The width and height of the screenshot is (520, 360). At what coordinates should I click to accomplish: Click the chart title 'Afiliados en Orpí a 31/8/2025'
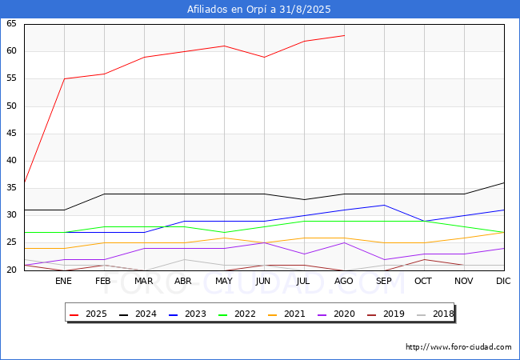[258, 10]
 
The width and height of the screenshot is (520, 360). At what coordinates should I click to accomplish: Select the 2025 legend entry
[88, 314]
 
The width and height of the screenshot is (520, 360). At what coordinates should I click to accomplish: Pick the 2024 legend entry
[138, 314]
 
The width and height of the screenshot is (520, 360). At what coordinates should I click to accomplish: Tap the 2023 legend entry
[187, 314]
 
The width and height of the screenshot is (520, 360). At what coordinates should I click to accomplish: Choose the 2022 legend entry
[237, 314]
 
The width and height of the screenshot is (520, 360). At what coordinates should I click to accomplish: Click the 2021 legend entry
[286, 314]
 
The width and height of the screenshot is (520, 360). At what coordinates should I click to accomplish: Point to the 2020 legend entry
[336, 314]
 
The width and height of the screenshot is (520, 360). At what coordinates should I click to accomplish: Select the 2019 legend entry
[386, 314]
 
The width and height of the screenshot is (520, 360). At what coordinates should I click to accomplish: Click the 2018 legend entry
[435, 314]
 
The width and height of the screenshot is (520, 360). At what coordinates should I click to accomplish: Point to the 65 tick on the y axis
[11, 23]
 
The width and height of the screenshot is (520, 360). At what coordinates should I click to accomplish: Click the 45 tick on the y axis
[11, 134]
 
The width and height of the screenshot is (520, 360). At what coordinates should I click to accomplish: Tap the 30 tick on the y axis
[11, 215]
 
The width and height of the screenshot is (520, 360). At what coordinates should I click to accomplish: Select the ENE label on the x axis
[63, 281]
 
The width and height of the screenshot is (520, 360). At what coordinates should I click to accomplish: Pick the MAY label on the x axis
[224, 281]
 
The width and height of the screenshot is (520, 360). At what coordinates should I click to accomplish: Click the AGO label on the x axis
[343, 281]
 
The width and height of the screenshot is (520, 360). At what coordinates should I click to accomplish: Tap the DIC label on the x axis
[503, 281]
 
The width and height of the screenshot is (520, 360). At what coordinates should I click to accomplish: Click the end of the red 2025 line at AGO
[345, 35]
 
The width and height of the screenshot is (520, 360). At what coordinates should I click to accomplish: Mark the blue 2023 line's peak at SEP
[384, 205]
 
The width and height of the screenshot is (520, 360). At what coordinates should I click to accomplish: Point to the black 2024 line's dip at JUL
[305, 199]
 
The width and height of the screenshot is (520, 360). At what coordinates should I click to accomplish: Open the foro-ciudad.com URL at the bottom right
[458, 347]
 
